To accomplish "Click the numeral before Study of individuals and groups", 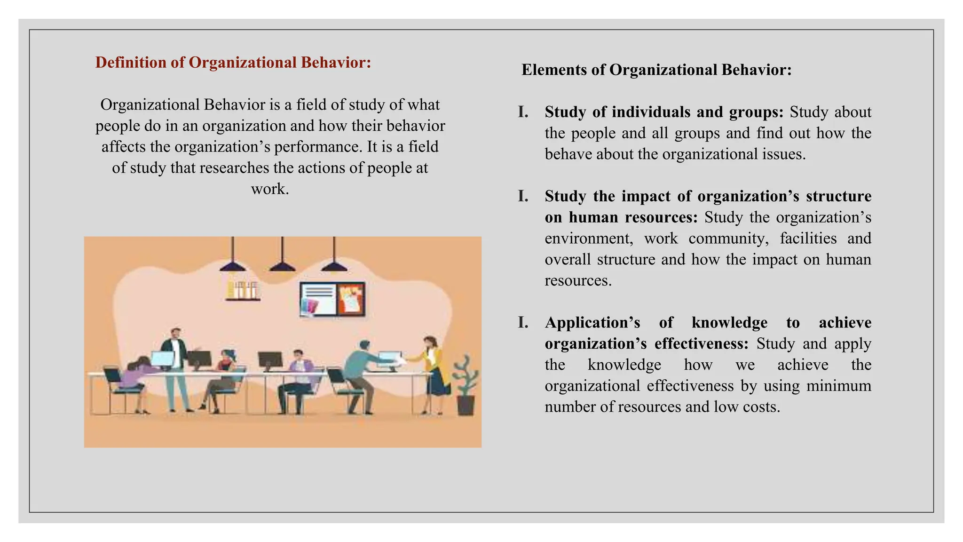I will click(522, 112).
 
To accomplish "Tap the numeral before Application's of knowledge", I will click(522, 323).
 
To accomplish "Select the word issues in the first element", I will click(784, 154).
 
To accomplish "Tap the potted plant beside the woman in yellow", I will click(465, 385).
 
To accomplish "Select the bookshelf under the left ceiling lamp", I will click(243, 290).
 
